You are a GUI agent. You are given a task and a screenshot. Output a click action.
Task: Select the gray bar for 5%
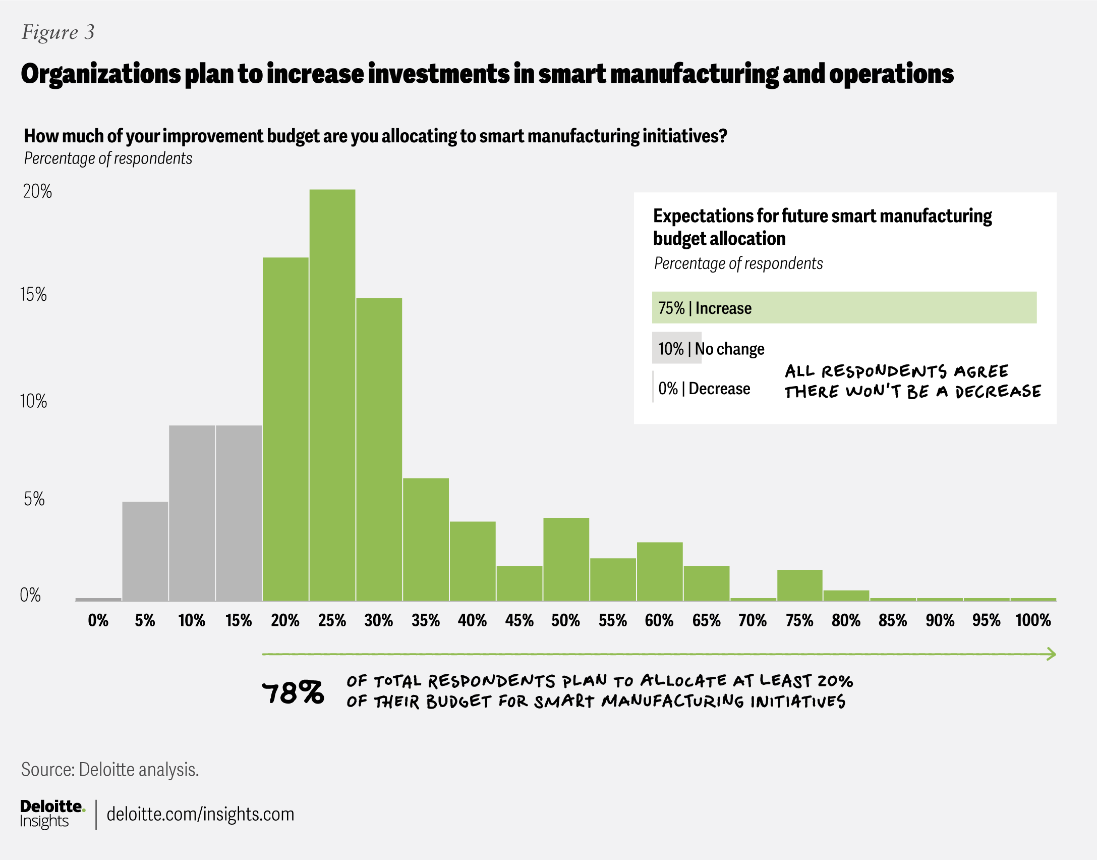(145, 551)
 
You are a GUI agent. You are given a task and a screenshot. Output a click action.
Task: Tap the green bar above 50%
(566, 559)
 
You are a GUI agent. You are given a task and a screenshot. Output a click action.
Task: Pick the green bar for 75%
(799, 585)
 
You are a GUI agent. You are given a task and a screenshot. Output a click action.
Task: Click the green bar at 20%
(285, 429)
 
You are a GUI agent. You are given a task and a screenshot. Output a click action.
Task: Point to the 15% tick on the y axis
(33, 295)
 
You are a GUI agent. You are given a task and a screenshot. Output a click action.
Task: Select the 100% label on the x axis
(1033, 620)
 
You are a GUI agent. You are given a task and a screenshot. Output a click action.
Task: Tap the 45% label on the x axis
(519, 620)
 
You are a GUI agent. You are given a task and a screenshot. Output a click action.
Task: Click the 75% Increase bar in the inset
(844, 307)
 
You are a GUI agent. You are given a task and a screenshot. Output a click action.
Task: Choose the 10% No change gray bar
(676, 348)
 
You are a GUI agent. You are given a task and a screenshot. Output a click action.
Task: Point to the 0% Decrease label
(704, 389)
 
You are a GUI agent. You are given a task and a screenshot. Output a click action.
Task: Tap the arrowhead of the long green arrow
(1052, 654)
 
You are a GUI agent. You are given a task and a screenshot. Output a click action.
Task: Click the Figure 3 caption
(58, 32)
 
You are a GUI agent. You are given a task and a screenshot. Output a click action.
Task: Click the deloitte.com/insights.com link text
(200, 814)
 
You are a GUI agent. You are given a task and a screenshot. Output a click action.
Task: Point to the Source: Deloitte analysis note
(110, 770)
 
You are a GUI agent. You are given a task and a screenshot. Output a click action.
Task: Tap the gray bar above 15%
(239, 513)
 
